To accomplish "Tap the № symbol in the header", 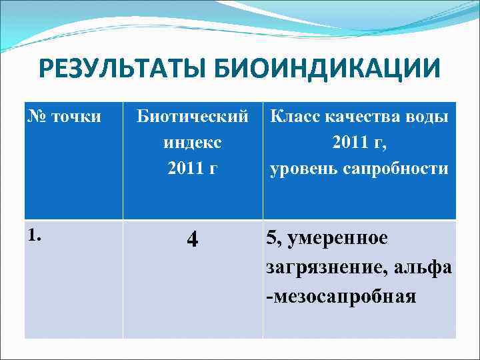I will coord(37,117).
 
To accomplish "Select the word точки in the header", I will coord(75,117).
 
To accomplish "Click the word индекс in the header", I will coord(193,143).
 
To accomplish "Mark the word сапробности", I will coord(398,169).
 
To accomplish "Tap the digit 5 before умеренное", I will coord(271,238).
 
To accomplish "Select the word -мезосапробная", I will coord(341,295).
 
